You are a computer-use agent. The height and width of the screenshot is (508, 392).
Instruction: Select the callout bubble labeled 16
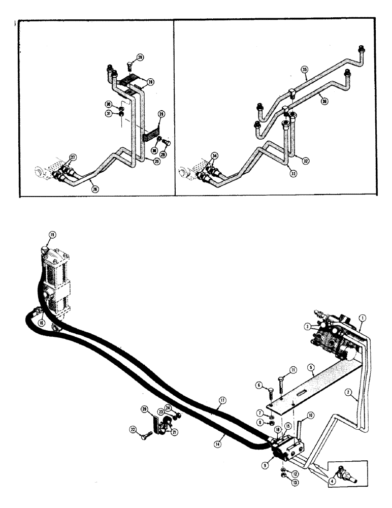[x=41, y=322]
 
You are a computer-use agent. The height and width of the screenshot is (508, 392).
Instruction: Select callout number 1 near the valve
[x=362, y=319]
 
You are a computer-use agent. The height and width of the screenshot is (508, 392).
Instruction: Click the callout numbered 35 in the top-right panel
[x=304, y=69]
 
